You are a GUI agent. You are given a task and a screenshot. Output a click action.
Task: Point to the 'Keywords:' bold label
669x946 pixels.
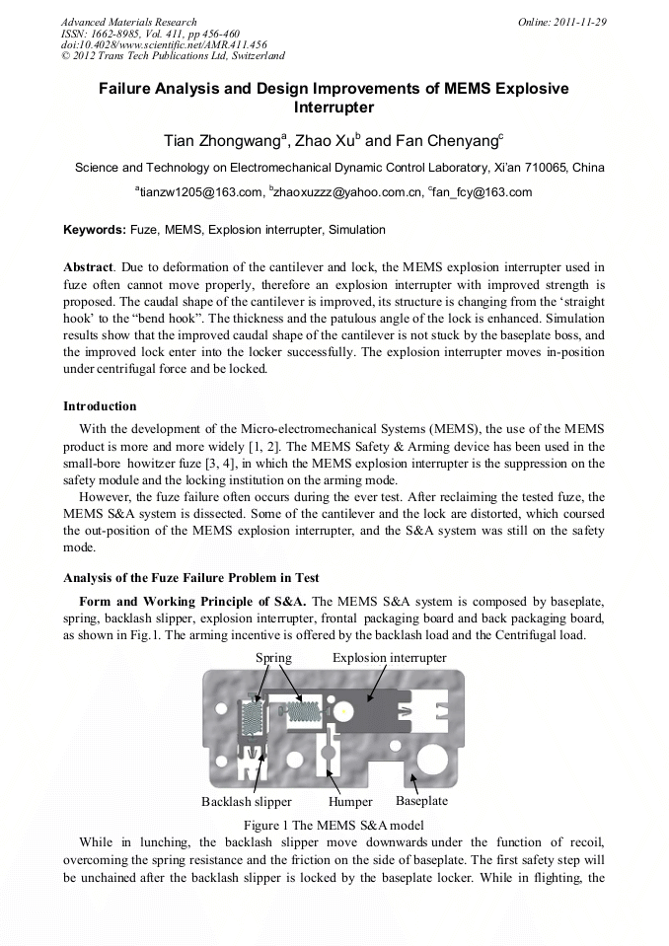pyautogui.click(x=95, y=230)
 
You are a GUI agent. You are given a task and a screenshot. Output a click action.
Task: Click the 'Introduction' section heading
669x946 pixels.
pyautogui.click(x=100, y=406)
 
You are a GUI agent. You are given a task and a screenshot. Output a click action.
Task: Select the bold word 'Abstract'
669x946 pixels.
pyautogui.click(x=88, y=267)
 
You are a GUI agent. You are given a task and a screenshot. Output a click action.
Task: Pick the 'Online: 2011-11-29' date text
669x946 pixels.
pyautogui.click(x=564, y=22)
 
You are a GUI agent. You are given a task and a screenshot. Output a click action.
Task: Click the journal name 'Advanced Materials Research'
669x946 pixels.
pyautogui.click(x=128, y=22)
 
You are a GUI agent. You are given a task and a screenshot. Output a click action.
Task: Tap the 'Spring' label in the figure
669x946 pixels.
pyautogui.click(x=273, y=657)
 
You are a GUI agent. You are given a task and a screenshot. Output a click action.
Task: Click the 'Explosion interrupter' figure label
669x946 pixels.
pyautogui.click(x=389, y=657)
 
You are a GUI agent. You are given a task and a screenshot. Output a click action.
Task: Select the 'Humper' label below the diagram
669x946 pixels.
pyautogui.click(x=350, y=802)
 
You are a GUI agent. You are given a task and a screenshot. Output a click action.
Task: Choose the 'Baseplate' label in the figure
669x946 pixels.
pyautogui.click(x=421, y=801)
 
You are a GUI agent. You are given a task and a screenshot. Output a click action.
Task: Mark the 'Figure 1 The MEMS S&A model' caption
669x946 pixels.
pyautogui.click(x=334, y=824)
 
